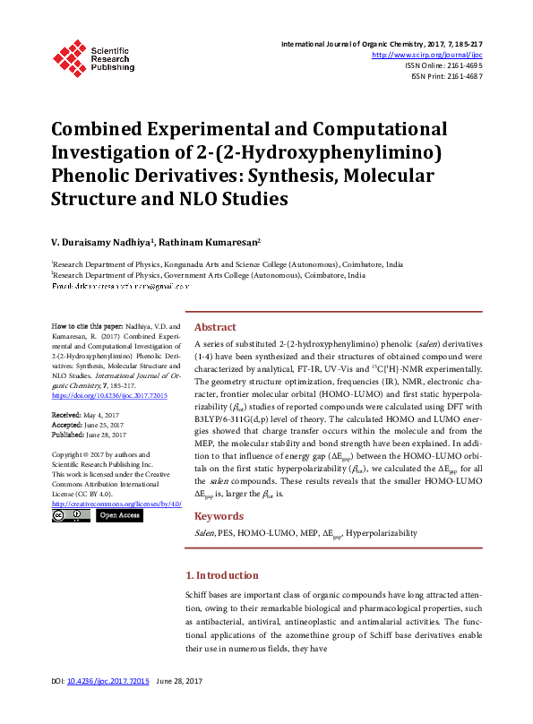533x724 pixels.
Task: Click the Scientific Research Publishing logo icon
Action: pos(69,56)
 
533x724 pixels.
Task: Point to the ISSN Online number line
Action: pos(444,66)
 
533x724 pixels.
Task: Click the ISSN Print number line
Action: pos(446,77)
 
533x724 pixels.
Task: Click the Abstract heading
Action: pos(215,328)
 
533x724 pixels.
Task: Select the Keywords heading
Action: pos(219,516)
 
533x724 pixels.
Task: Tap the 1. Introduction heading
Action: pos(221,575)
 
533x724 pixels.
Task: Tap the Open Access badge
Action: pos(118,515)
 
